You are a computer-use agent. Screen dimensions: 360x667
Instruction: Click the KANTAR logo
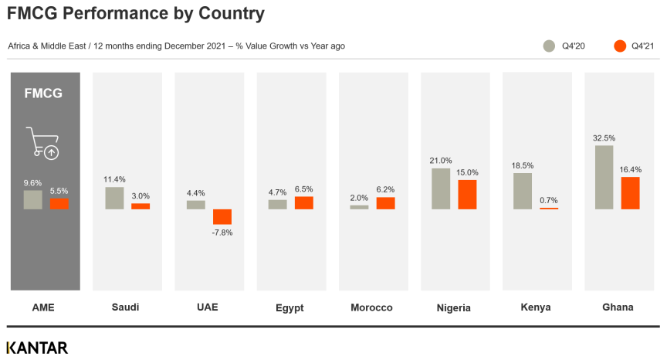coord(37,348)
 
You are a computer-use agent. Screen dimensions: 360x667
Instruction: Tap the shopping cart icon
coord(42,143)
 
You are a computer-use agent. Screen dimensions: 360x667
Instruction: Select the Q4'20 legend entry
coord(564,46)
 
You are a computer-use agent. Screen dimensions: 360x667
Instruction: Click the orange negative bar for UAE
coord(222,217)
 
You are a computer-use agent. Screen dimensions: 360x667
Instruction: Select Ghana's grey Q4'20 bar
coord(604,177)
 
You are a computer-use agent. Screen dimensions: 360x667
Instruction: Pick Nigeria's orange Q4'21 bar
coord(467,195)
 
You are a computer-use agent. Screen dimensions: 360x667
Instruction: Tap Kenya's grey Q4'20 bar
coord(523,191)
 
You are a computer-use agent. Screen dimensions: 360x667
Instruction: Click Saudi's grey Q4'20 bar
coord(114,198)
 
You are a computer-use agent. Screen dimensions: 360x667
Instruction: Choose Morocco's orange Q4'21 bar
coord(385,203)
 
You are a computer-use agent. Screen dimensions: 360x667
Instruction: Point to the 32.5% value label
coord(604,138)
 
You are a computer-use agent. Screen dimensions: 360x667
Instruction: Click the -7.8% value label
coord(222,233)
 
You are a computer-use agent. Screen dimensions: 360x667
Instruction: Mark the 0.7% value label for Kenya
coord(549,200)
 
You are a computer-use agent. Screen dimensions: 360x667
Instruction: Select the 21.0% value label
coord(441,161)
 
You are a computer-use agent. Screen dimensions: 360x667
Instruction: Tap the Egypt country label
coord(289,307)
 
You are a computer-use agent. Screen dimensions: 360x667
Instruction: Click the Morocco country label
coord(371,307)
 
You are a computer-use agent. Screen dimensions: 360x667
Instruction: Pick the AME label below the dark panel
coord(43,307)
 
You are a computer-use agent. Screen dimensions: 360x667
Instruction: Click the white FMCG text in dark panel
coord(43,93)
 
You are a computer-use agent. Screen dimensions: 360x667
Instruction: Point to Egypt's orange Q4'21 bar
coord(304,203)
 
